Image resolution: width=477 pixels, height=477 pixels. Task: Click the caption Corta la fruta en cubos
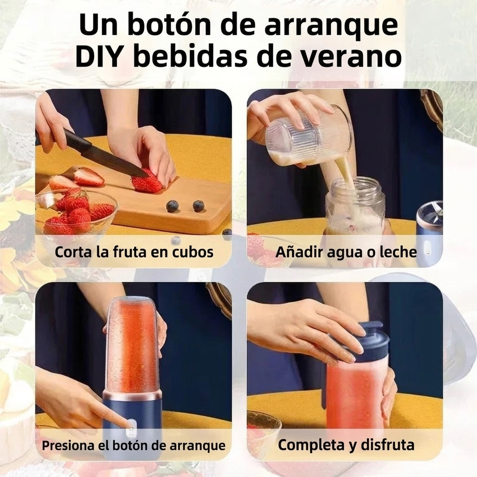pyautogui.click(x=134, y=252)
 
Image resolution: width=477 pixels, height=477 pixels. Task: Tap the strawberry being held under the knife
pyautogui.click(x=147, y=183)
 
